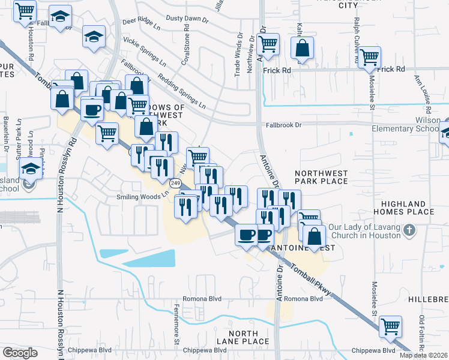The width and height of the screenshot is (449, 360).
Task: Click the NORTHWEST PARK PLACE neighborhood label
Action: click(321, 176)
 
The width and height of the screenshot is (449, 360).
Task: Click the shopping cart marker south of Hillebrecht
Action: click(390, 327)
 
